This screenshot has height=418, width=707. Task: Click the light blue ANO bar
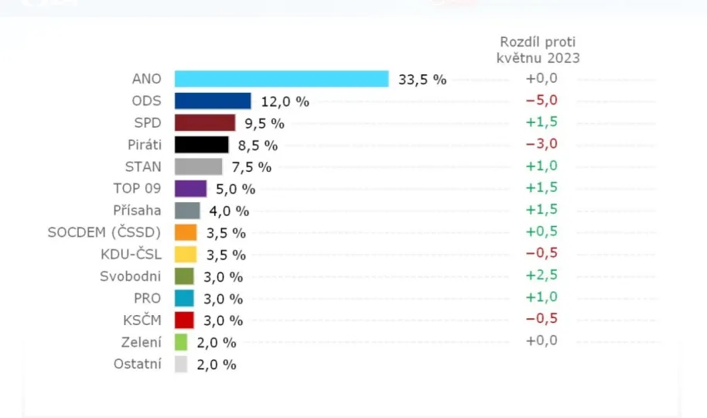[282, 79]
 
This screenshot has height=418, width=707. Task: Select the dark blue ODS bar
[213, 101]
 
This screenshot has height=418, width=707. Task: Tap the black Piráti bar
[202, 145]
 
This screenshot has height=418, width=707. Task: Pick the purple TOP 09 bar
[190, 188]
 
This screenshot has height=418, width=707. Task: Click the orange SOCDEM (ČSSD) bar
[186, 232]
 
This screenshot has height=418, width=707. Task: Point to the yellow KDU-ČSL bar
[186, 254]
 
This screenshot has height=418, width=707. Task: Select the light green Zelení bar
[181, 342]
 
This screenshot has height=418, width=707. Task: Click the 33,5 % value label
[422, 79]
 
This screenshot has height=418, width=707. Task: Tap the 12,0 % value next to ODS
[285, 101]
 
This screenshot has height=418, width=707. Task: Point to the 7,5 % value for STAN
[251, 167]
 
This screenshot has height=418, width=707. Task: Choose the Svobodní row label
[131, 276]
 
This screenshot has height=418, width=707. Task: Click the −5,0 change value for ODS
[541, 100]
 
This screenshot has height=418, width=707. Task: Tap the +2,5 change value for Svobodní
[541, 275]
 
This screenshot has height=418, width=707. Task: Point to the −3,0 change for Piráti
[541, 143]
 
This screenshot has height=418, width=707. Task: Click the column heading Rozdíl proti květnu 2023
[538, 50]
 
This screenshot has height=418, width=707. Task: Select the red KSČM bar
[184, 320]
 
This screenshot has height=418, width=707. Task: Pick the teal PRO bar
[184, 298]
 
